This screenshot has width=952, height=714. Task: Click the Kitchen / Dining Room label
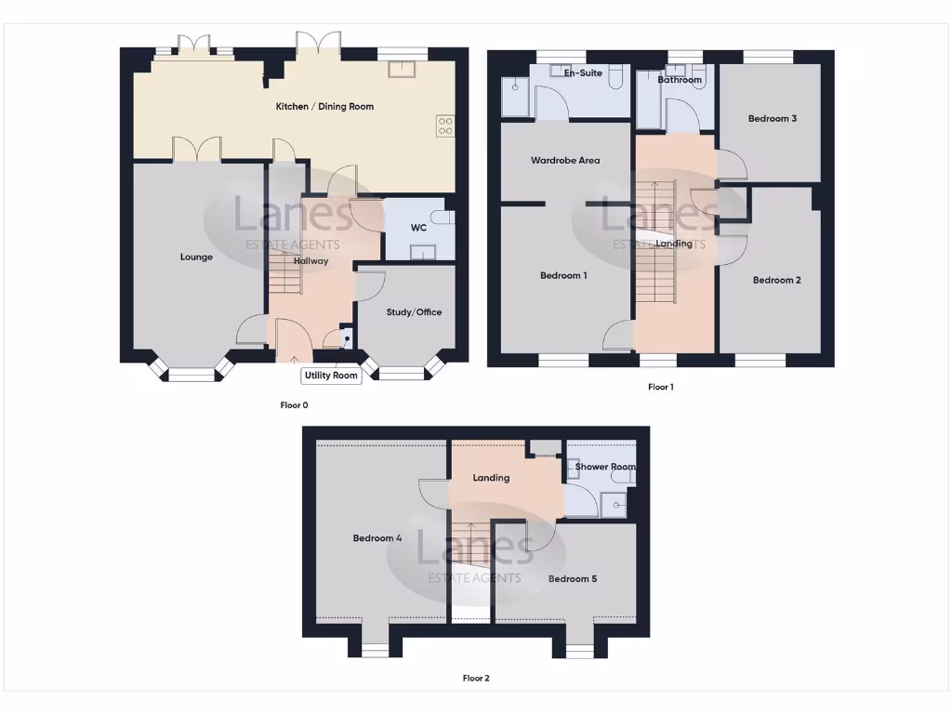click(x=324, y=107)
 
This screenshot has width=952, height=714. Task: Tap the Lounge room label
click(x=196, y=258)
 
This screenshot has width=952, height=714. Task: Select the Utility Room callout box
click(x=331, y=376)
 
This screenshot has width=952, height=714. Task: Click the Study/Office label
click(x=414, y=312)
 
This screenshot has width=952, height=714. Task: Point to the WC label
click(x=418, y=228)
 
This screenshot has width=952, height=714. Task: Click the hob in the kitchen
click(x=445, y=126)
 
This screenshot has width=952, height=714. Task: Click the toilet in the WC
click(x=445, y=218)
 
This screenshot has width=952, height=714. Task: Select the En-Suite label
click(x=583, y=73)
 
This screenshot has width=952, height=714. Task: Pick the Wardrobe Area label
click(x=565, y=161)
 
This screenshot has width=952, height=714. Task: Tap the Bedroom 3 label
click(x=772, y=119)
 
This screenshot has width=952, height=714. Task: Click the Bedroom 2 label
click(x=776, y=280)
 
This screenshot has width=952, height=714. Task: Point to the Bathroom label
click(x=680, y=80)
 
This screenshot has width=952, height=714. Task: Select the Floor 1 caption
click(x=660, y=387)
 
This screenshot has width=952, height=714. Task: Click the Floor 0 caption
click(x=294, y=404)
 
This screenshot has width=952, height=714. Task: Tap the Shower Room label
click(x=605, y=467)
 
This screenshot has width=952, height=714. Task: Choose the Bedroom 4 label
click(x=377, y=538)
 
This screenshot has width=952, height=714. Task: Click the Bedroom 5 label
click(x=572, y=579)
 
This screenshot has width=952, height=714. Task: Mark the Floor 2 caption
click(x=476, y=679)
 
